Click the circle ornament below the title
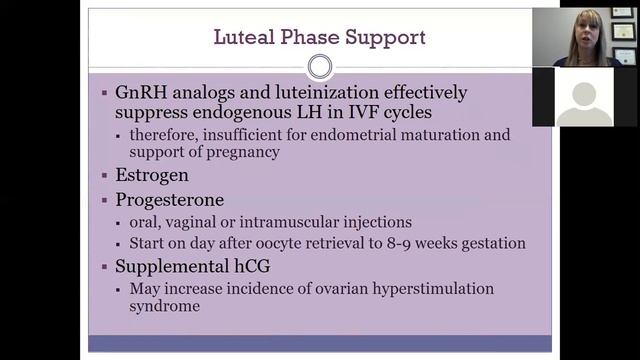pyautogui.click(x=320, y=67)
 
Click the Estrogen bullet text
pyautogui.click(x=151, y=174)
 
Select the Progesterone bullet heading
pyautogui.click(x=169, y=199)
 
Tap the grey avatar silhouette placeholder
pyautogui.click(x=584, y=101)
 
